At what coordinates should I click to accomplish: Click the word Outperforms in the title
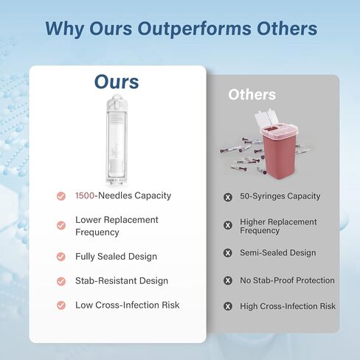coord(194,30)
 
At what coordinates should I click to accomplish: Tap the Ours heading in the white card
coord(117,82)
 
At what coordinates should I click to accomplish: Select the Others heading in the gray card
coord(252,94)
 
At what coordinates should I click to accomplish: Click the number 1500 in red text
coord(85,195)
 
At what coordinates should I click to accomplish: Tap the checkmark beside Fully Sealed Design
coord(61,257)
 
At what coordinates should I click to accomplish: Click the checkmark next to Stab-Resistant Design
coord(61,281)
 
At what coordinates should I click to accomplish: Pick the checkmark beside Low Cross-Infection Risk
coord(61,305)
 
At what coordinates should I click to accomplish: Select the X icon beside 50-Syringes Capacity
coord(228,197)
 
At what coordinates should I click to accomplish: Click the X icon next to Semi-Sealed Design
coord(228,253)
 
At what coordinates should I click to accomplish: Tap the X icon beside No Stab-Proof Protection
coord(228,280)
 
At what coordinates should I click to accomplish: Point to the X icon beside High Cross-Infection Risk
coord(228,306)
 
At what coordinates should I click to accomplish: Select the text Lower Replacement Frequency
coord(117,226)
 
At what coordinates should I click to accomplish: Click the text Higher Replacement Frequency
coord(278,226)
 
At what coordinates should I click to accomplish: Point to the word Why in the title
coord(65,30)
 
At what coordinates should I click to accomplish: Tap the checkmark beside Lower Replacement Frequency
coord(61,225)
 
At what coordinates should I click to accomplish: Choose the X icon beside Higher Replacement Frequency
coord(228,225)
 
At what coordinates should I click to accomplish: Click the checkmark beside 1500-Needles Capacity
coord(61,196)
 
